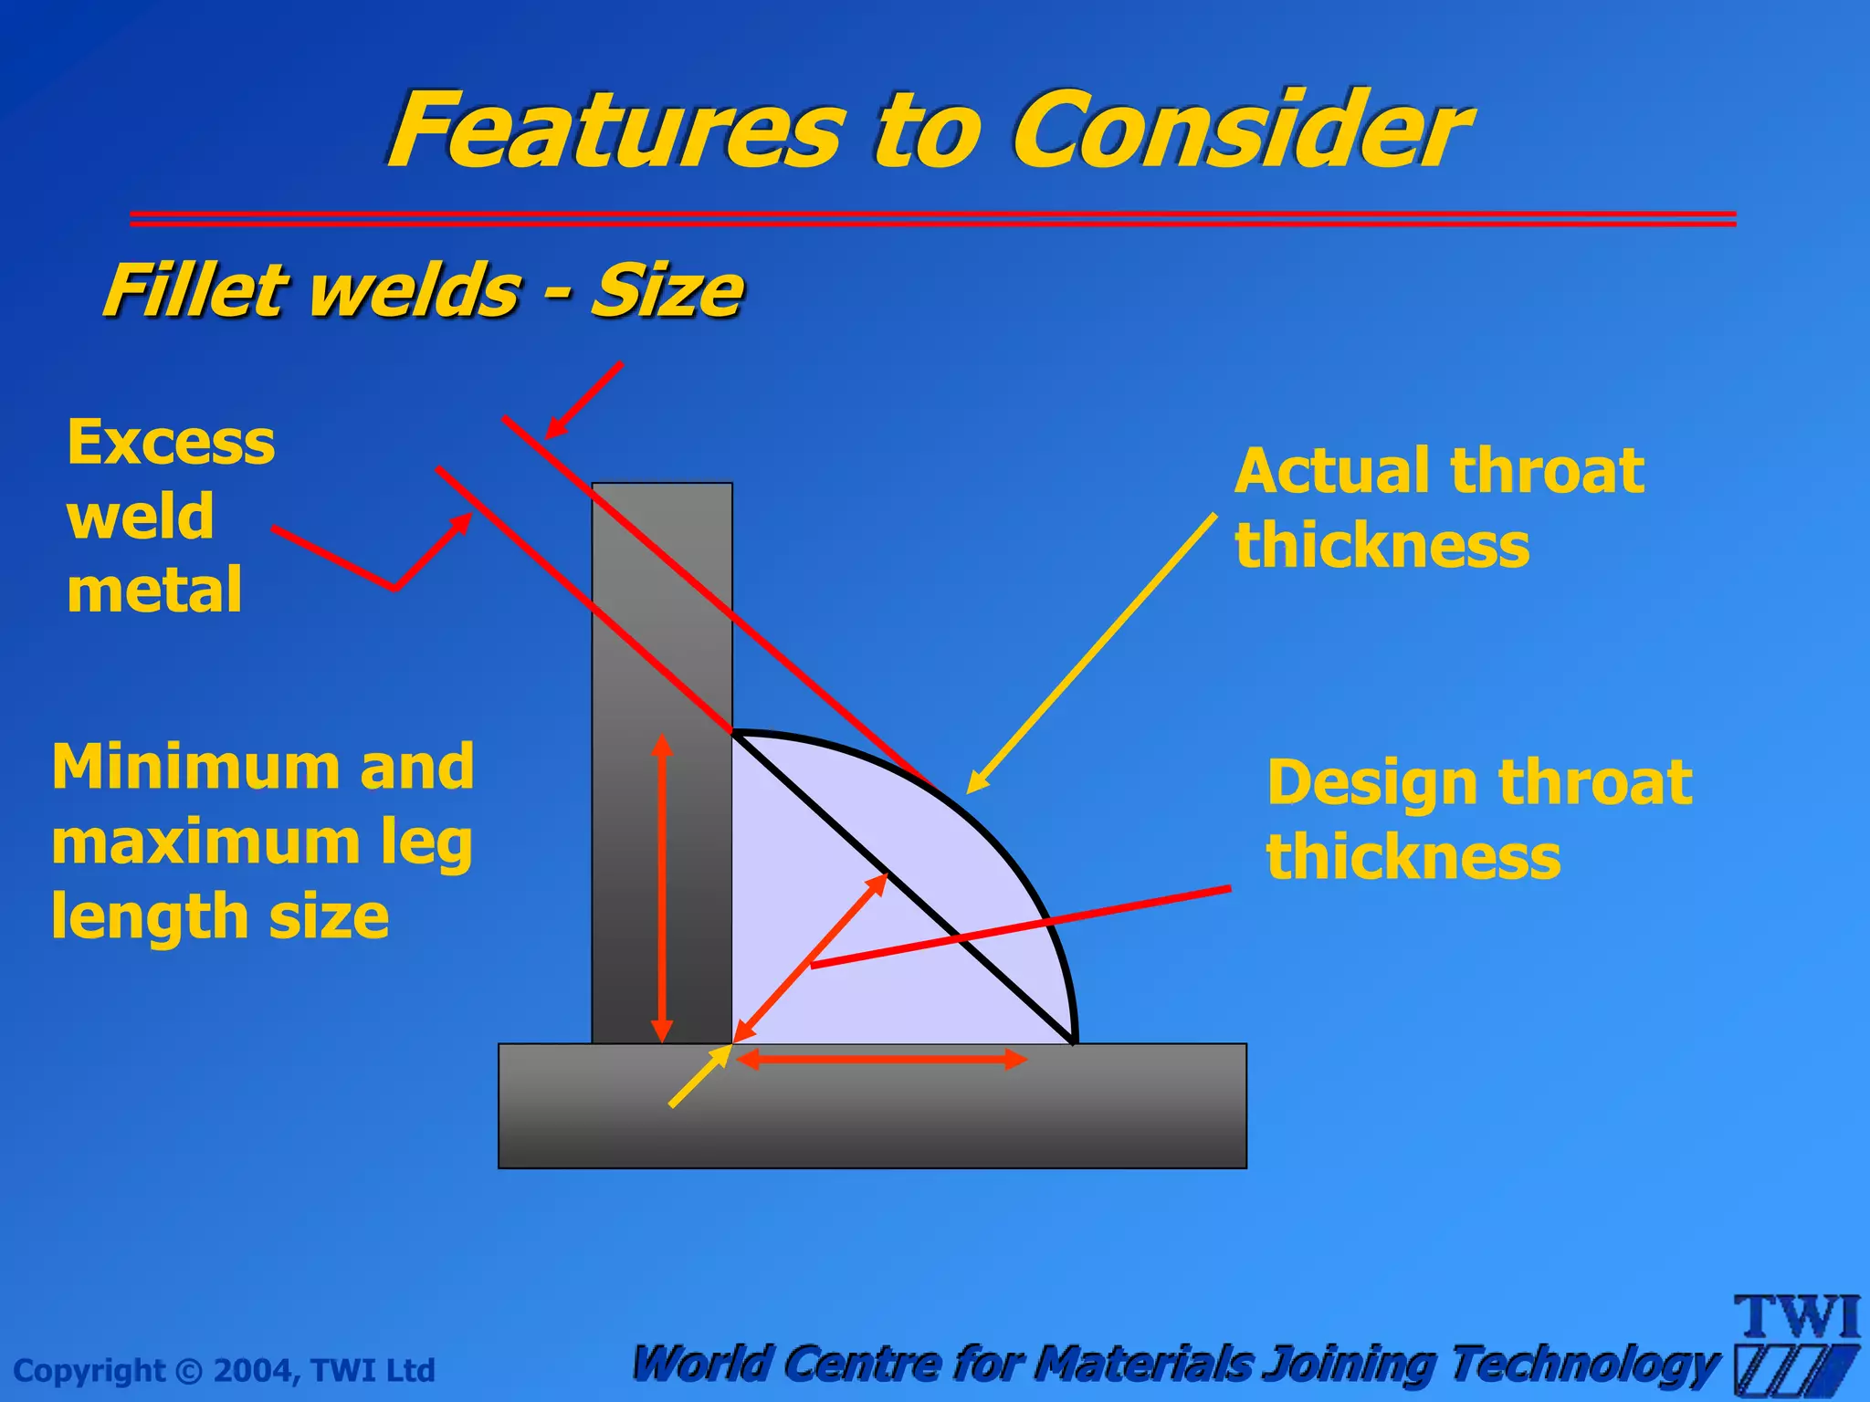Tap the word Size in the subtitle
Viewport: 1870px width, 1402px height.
[x=667, y=291]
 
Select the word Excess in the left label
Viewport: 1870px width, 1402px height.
[x=171, y=443]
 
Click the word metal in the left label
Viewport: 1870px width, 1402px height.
[x=154, y=591]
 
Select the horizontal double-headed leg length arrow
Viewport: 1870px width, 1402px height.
[x=882, y=1060]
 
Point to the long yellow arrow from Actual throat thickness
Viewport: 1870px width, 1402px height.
[x=1091, y=654]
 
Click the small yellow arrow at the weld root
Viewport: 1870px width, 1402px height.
[x=699, y=1077]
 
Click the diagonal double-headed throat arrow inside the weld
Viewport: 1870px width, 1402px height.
[x=811, y=957]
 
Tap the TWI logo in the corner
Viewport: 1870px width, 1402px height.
[x=1797, y=1342]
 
